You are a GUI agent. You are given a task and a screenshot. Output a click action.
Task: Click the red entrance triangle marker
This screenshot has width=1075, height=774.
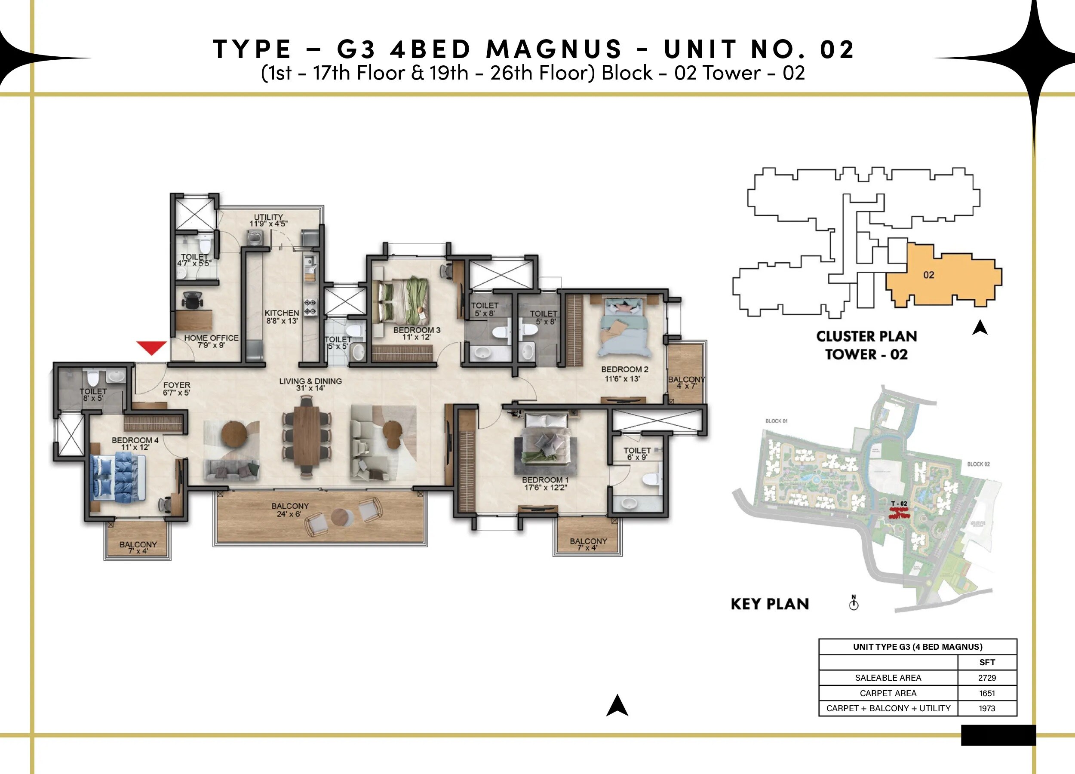[151, 347]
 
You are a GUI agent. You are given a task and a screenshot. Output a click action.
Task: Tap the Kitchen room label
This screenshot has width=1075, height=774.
[282, 316]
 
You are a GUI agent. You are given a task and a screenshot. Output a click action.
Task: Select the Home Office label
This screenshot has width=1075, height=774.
[211, 341]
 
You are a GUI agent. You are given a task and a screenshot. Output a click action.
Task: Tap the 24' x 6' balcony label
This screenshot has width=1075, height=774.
[290, 510]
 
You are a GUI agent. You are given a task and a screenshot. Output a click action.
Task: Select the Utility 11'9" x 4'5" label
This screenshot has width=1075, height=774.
[268, 220]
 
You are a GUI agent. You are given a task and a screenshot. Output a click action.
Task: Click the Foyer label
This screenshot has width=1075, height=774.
[176, 389]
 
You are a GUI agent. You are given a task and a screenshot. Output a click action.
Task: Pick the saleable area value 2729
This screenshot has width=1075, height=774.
[987, 678]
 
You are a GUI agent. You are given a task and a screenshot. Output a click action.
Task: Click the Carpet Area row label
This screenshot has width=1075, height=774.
[888, 693]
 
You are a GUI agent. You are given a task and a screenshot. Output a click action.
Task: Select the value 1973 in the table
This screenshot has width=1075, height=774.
[987, 708]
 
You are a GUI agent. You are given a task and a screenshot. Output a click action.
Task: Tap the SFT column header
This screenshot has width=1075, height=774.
[987, 662]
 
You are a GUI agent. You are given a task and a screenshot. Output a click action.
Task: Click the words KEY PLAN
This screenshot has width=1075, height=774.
[770, 604]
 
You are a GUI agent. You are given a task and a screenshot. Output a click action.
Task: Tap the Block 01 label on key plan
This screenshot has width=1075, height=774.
[777, 421]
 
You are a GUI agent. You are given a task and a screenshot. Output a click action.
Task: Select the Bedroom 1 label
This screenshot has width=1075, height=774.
[545, 483]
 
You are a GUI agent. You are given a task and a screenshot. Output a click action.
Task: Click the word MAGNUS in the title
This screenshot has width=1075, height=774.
[553, 49]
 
